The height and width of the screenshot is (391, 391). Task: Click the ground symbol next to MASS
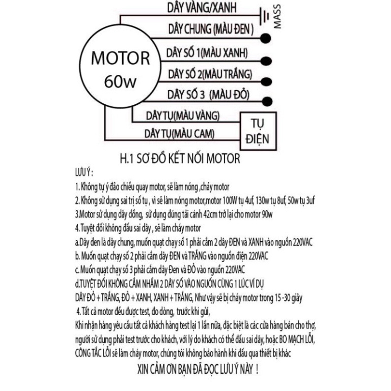[264, 16]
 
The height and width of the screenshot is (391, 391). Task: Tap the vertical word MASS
[277, 16]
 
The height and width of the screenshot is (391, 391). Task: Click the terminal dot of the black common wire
[266, 38]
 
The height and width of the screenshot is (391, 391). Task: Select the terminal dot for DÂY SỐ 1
[266, 61]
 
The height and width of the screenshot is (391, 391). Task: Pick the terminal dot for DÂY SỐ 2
[266, 81]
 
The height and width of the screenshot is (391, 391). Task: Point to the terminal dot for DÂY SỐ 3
[267, 101]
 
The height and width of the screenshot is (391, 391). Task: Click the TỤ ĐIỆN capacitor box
[258, 131]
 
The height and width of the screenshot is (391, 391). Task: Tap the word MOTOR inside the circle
[121, 59]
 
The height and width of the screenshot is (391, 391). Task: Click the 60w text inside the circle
[120, 81]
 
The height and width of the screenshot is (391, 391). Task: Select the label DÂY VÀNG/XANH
[202, 8]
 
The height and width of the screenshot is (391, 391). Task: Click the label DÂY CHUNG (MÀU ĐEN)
[211, 29]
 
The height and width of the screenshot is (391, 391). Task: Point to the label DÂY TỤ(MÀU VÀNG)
[183, 116]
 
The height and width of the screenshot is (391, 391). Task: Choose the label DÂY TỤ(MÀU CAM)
[179, 134]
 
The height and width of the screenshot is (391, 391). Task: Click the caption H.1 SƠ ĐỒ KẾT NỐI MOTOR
[180, 159]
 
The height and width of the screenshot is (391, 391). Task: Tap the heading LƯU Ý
[84, 173]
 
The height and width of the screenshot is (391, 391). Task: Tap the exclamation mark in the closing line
[257, 369]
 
